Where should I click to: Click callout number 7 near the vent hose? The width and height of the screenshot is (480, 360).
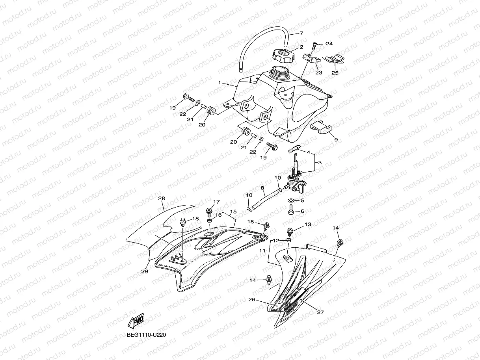click(x=301, y=33)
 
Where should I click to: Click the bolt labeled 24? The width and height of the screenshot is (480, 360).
click(x=315, y=46)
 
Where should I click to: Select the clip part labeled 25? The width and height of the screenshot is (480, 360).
click(x=333, y=59)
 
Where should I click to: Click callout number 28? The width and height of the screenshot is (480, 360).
click(x=161, y=199)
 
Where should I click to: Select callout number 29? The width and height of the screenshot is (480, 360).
click(x=145, y=271)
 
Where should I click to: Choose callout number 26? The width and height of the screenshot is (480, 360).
click(x=251, y=300)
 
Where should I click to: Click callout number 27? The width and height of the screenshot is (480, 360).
click(x=320, y=312)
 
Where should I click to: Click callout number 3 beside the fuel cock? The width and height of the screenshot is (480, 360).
click(x=320, y=162)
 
